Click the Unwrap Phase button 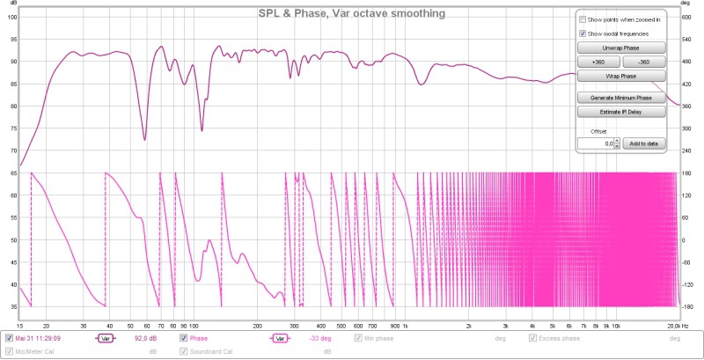[621, 48]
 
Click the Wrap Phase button [621, 77]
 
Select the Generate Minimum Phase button [621, 98]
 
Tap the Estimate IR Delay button [621, 112]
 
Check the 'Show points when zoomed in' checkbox [582, 18]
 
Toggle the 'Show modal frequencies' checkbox [582, 33]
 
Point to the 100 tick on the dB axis [11, 17]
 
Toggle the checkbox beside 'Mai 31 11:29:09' [10, 337]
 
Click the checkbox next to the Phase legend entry [184, 337]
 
